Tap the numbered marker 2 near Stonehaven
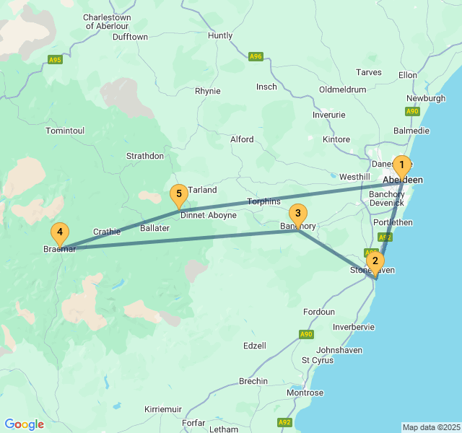(x=374, y=261)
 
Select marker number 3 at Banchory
(x=297, y=214)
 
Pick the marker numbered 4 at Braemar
(x=61, y=233)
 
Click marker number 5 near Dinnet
(x=178, y=194)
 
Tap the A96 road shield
(x=256, y=56)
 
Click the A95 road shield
(x=56, y=59)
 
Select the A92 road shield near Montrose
(x=284, y=422)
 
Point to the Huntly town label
(x=220, y=35)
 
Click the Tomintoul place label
(x=65, y=131)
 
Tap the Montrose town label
(x=305, y=393)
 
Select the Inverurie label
(x=329, y=115)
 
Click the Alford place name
(x=242, y=139)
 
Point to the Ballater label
(x=154, y=228)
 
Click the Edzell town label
(x=255, y=346)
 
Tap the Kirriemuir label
(x=163, y=409)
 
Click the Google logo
(x=25, y=424)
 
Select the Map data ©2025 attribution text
(x=431, y=427)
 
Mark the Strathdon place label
(x=145, y=156)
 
